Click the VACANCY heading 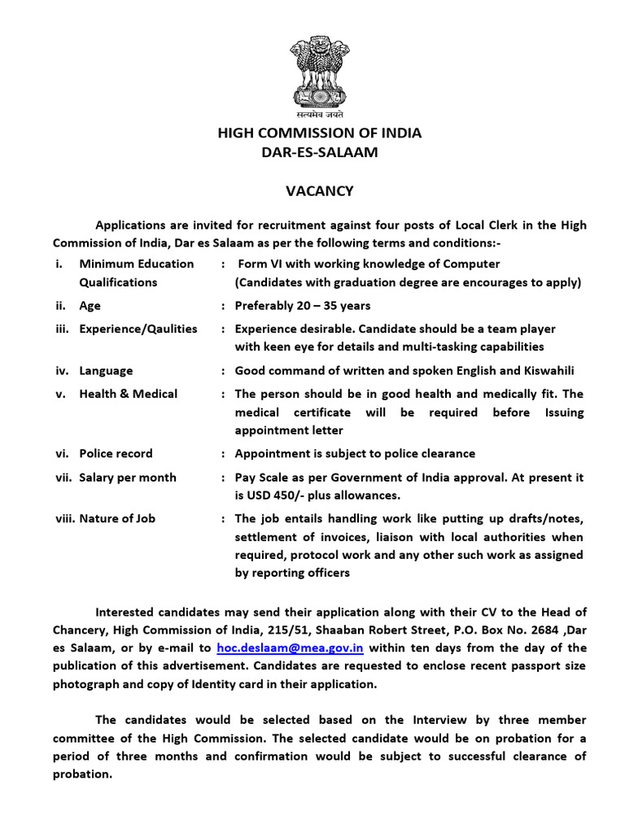pyautogui.click(x=319, y=191)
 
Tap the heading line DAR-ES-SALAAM pyautogui.click(x=319, y=152)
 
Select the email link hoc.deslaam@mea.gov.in pyautogui.click(x=290, y=648)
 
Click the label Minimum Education pyautogui.click(x=136, y=264)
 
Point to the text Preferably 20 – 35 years pyautogui.click(x=302, y=306)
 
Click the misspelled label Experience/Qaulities pyautogui.click(x=138, y=329)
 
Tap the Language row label pyautogui.click(x=106, y=371)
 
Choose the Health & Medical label pyautogui.click(x=128, y=394)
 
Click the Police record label pyautogui.click(x=116, y=453)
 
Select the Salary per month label pyautogui.click(x=127, y=477)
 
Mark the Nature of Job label pyautogui.click(x=117, y=518)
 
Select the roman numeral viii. pyautogui.click(x=63, y=518)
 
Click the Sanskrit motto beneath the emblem pyautogui.click(x=318, y=116)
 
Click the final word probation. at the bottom pyautogui.click(x=82, y=774)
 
